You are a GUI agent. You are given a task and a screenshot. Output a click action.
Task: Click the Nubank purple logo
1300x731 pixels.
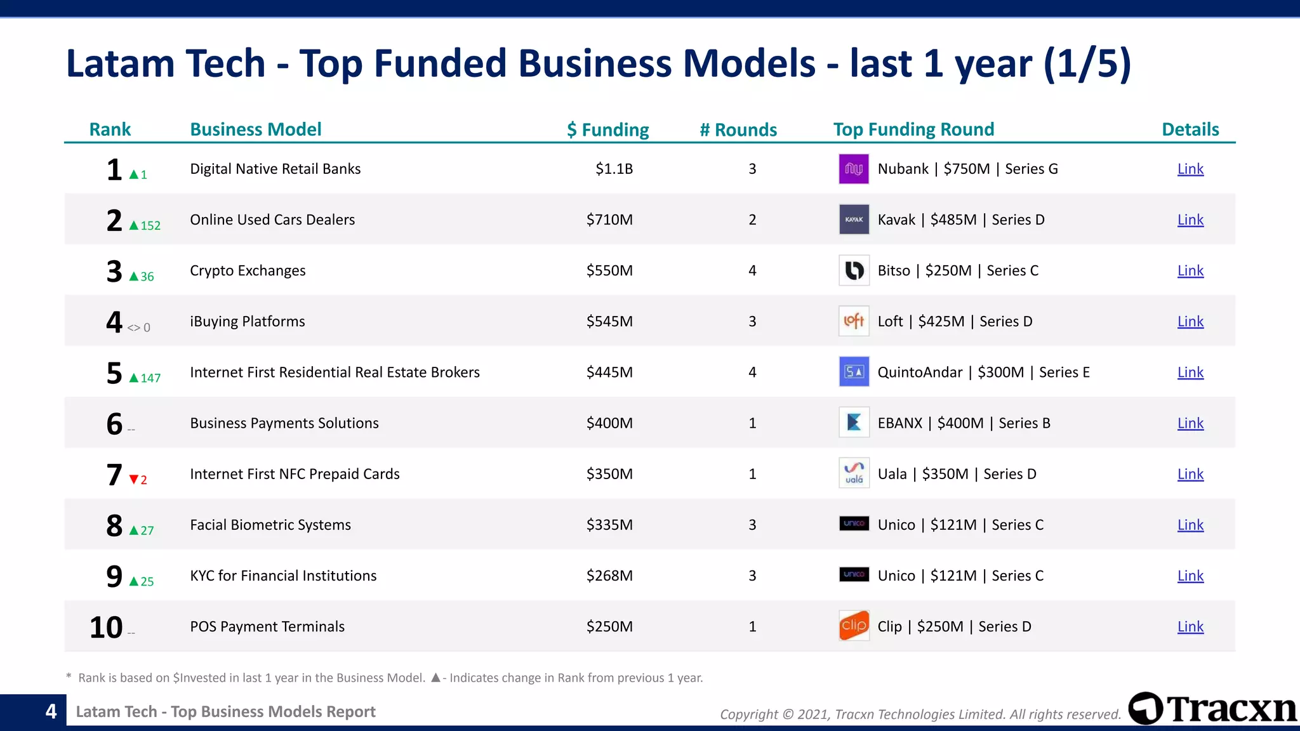tap(853, 169)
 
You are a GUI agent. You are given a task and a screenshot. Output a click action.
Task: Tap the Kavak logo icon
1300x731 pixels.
tap(853, 220)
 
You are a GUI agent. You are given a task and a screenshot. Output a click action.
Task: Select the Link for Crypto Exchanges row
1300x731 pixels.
tap(1190, 271)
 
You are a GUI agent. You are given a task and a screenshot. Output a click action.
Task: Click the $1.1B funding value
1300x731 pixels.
tap(614, 169)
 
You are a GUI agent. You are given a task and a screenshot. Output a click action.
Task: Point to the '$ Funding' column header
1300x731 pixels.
tap(607, 129)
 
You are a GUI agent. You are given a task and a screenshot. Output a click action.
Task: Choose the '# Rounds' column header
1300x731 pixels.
tap(738, 129)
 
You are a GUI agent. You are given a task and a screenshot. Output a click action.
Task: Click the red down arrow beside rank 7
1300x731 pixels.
tap(133, 480)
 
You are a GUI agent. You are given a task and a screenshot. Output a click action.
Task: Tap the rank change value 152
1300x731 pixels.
tap(150, 226)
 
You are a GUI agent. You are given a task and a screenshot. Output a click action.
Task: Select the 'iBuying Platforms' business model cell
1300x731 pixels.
tap(248, 322)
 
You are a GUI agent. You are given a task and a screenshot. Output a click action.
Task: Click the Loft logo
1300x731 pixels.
tap(853, 321)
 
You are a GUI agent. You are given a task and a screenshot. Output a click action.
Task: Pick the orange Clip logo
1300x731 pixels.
tap(853, 626)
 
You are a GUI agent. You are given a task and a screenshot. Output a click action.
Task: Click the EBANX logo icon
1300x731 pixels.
tap(853, 423)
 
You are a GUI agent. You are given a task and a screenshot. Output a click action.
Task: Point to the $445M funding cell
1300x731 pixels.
tap(609, 372)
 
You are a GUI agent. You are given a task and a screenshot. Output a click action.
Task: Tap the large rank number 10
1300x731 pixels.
tap(106, 627)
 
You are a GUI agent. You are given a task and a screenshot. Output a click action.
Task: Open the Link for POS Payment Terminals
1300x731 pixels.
tap(1190, 627)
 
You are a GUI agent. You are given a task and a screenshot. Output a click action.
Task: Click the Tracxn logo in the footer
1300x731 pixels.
tap(1212, 709)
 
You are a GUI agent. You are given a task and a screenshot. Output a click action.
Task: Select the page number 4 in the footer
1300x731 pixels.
tap(51, 711)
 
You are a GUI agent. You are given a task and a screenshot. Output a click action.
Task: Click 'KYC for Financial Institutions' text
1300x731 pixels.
tap(283, 576)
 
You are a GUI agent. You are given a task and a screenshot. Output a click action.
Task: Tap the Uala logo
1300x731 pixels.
tap(853, 473)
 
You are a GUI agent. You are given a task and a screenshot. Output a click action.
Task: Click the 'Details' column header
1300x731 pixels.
tap(1190, 129)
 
